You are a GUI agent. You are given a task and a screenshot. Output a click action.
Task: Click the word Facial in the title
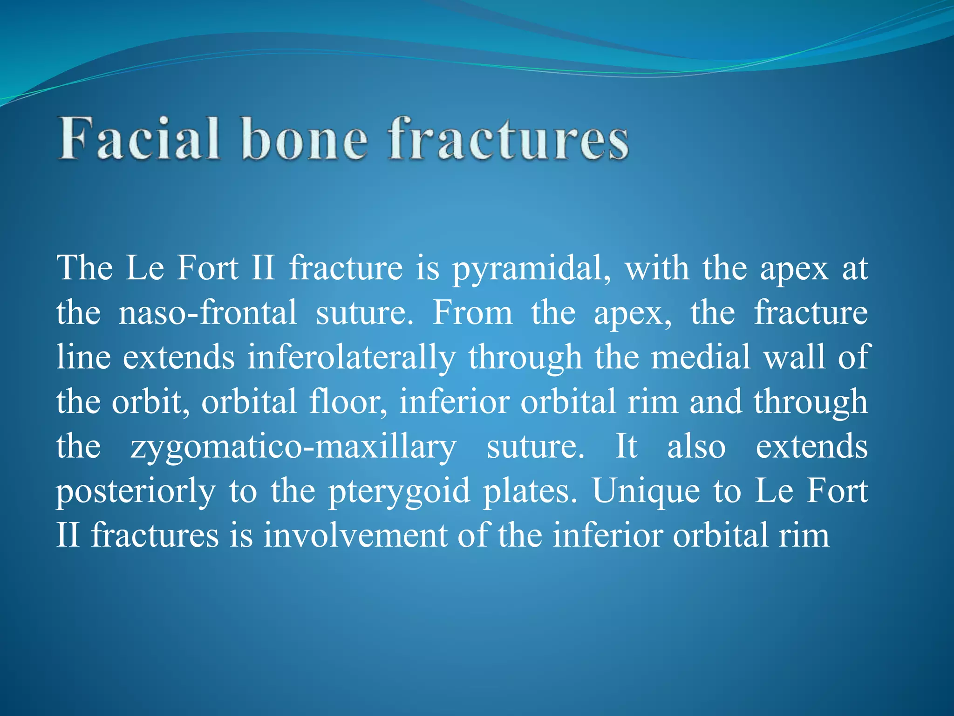click(x=139, y=139)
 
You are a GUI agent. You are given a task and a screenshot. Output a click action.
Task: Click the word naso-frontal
click(x=208, y=313)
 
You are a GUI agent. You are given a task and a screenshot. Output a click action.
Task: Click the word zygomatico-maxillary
click(x=293, y=447)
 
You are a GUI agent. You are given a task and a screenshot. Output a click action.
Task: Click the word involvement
click(x=355, y=536)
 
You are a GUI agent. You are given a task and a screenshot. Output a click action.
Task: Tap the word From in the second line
click(x=472, y=313)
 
